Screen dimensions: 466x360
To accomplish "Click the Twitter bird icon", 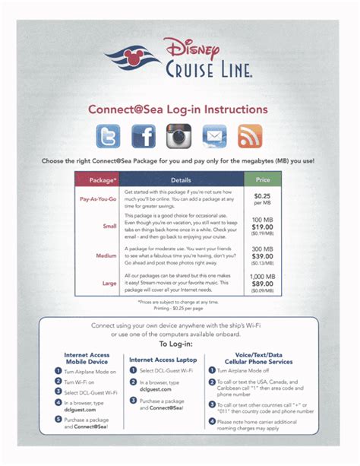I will (x=109, y=137).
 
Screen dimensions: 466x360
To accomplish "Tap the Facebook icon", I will (x=144, y=137).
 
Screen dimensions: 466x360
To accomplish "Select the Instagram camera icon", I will (x=179, y=137).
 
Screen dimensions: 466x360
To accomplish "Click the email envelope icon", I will (x=214, y=137).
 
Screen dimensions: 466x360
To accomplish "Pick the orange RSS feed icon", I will (x=250, y=137).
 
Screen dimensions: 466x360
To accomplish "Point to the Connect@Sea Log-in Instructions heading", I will (x=178, y=109).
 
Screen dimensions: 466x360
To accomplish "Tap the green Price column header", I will (x=262, y=181).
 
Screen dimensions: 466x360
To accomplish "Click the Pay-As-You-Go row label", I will (x=98, y=199).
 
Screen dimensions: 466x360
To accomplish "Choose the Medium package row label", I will (x=106, y=255).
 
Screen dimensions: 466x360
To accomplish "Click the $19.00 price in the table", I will (x=263, y=227).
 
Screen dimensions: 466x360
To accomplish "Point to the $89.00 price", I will (x=263, y=284).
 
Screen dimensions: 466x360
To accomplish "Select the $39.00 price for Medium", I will (x=263, y=255).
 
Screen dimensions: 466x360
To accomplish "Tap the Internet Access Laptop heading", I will (x=164, y=359).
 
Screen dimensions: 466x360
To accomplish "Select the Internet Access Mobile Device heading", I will (x=87, y=359).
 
